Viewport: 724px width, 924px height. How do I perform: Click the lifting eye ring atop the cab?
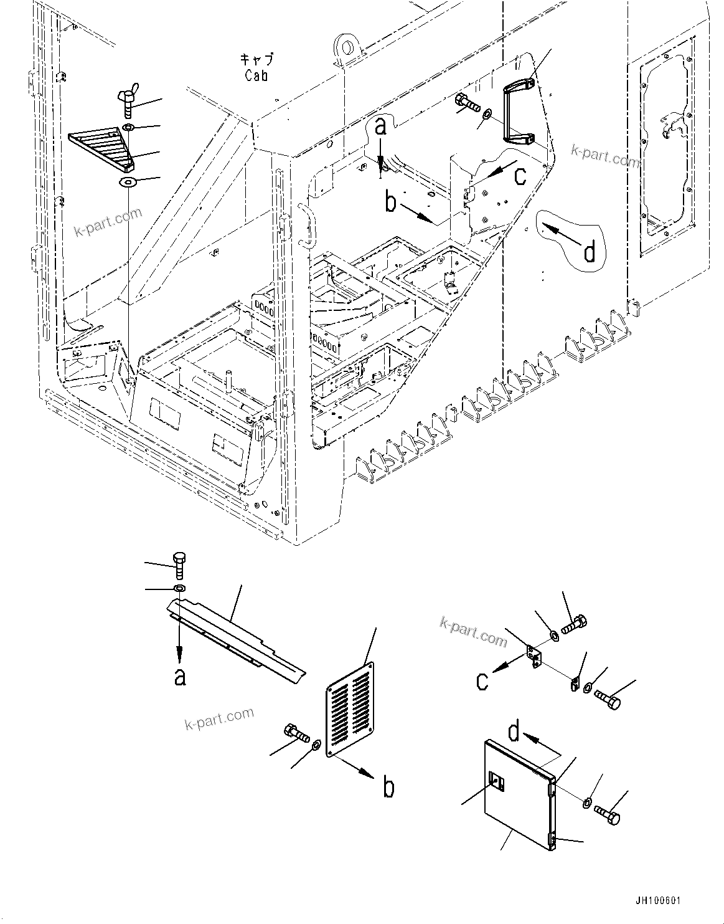343,47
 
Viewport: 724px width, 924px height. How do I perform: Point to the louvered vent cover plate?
350,709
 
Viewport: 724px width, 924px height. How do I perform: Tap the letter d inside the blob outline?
589,252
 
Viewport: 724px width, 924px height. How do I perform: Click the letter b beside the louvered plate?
388,788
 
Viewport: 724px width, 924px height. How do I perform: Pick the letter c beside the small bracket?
482,681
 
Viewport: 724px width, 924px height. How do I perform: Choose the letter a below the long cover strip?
180,676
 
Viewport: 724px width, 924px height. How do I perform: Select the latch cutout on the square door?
497,780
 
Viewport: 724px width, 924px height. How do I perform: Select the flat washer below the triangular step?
129,183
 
